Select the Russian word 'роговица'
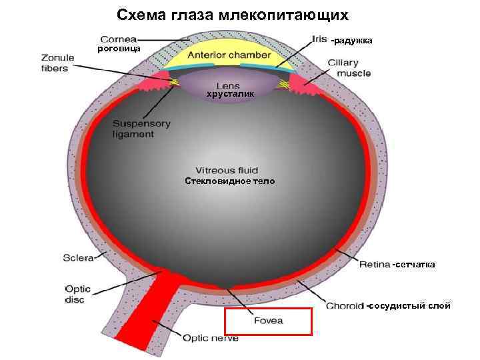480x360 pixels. [119, 49]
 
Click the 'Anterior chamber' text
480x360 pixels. [229, 55]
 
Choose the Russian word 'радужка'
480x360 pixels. [353, 41]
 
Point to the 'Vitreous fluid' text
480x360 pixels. [227, 171]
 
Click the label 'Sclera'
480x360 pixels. [79, 257]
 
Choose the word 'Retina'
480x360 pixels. [374, 265]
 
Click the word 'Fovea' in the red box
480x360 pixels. [269, 321]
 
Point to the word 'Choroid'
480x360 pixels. [345, 306]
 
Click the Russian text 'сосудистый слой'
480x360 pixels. [410, 306]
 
